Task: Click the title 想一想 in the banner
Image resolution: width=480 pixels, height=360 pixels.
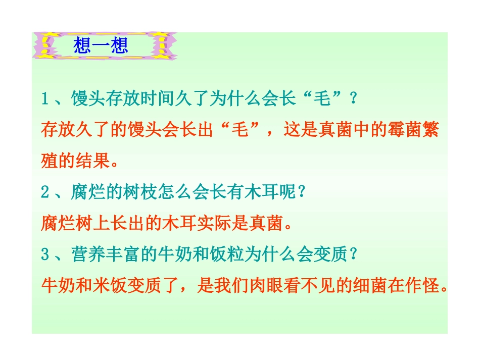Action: (101, 45)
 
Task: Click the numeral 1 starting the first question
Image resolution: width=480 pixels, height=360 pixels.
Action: (45, 98)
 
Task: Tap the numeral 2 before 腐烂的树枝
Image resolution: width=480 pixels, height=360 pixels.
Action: (45, 192)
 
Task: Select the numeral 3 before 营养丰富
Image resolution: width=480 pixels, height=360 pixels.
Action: (45, 254)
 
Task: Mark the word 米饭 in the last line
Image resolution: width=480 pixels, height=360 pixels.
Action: (107, 286)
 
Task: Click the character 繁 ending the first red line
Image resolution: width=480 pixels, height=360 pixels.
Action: (430, 130)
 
